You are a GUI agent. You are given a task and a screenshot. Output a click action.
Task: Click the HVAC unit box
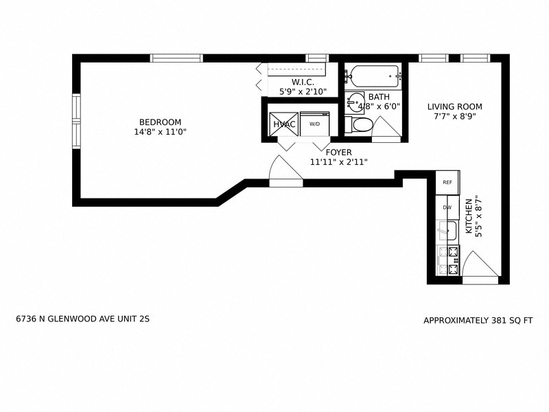click(283, 124)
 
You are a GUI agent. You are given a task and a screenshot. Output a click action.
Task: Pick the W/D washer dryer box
click(314, 124)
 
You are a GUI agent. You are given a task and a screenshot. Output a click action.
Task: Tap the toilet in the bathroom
click(360, 125)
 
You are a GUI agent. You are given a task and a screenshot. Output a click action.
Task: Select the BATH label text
click(379, 98)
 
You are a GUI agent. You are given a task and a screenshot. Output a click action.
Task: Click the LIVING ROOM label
click(454, 106)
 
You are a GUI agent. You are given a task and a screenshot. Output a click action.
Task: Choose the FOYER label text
click(338, 152)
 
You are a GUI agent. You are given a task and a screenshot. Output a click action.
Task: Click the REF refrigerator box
click(447, 183)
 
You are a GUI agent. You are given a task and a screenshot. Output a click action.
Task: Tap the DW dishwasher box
click(447, 207)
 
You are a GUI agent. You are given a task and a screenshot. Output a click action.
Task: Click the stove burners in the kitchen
click(453, 260)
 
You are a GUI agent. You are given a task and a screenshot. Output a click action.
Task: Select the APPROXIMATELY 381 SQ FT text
click(478, 320)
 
